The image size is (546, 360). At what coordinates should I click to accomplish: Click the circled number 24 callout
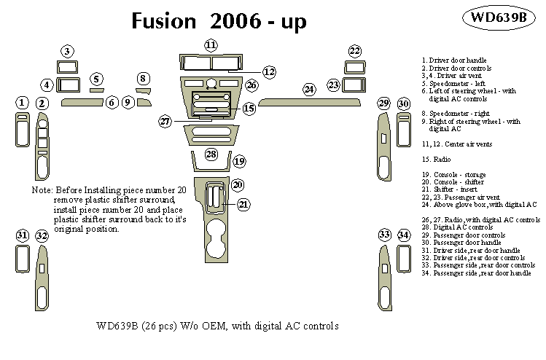tap(309, 90)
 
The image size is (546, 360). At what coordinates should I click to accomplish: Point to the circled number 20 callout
tap(238, 185)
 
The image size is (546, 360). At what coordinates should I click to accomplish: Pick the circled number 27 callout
tap(165, 121)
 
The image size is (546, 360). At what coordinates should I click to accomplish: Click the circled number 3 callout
tap(67, 51)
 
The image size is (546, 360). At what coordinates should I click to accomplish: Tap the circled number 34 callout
tap(404, 235)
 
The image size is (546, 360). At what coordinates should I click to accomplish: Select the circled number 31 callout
tap(23, 235)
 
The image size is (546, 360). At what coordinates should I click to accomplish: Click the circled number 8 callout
tap(144, 79)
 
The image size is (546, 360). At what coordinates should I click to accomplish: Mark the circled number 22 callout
tap(354, 51)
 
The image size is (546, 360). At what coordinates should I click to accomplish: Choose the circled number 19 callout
tap(239, 160)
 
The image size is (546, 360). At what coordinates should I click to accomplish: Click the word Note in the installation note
tap(42, 189)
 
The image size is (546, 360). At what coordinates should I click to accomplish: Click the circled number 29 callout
tap(383, 104)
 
